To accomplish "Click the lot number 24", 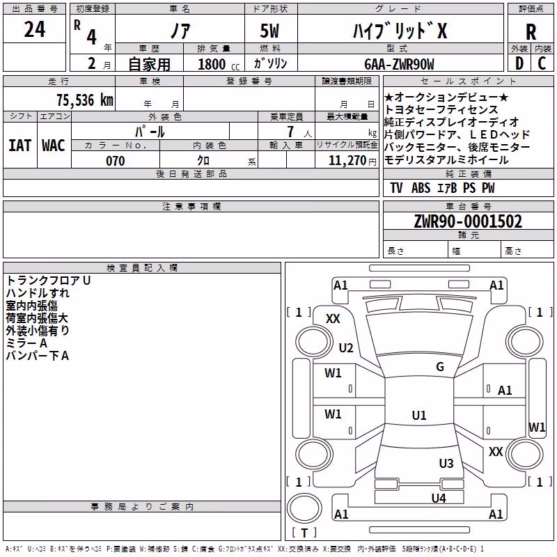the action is pyautogui.click(x=35, y=29).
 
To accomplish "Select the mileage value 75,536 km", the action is pyautogui.click(x=85, y=100).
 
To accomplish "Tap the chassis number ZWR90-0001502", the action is pyautogui.click(x=468, y=221).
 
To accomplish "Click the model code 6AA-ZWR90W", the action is pyautogui.click(x=399, y=64).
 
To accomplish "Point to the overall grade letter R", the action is pyautogui.click(x=531, y=32).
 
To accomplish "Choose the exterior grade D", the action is pyautogui.click(x=519, y=63).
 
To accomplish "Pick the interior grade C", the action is pyautogui.click(x=542, y=63).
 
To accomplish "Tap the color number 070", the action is pyautogui.click(x=116, y=161).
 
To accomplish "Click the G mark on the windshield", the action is pyautogui.click(x=440, y=367).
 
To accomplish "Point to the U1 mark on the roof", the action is pyautogui.click(x=419, y=415).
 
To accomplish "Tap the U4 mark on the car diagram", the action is pyautogui.click(x=439, y=499).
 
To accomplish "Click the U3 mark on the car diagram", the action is pyautogui.click(x=446, y=464).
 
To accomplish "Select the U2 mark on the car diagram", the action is pyautogui.click(x=346, y=347).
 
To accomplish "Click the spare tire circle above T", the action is pyautogui.click(x=304, y=508).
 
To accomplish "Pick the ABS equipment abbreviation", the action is pyautogui.click(x=421, y=188).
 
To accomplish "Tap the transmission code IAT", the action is pyautogui.click(x=20, y=146).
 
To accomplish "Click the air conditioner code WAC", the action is pyautogui.click(x=54, y=146).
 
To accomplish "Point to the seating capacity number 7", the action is pyautogui.click(x=291, y=132).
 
